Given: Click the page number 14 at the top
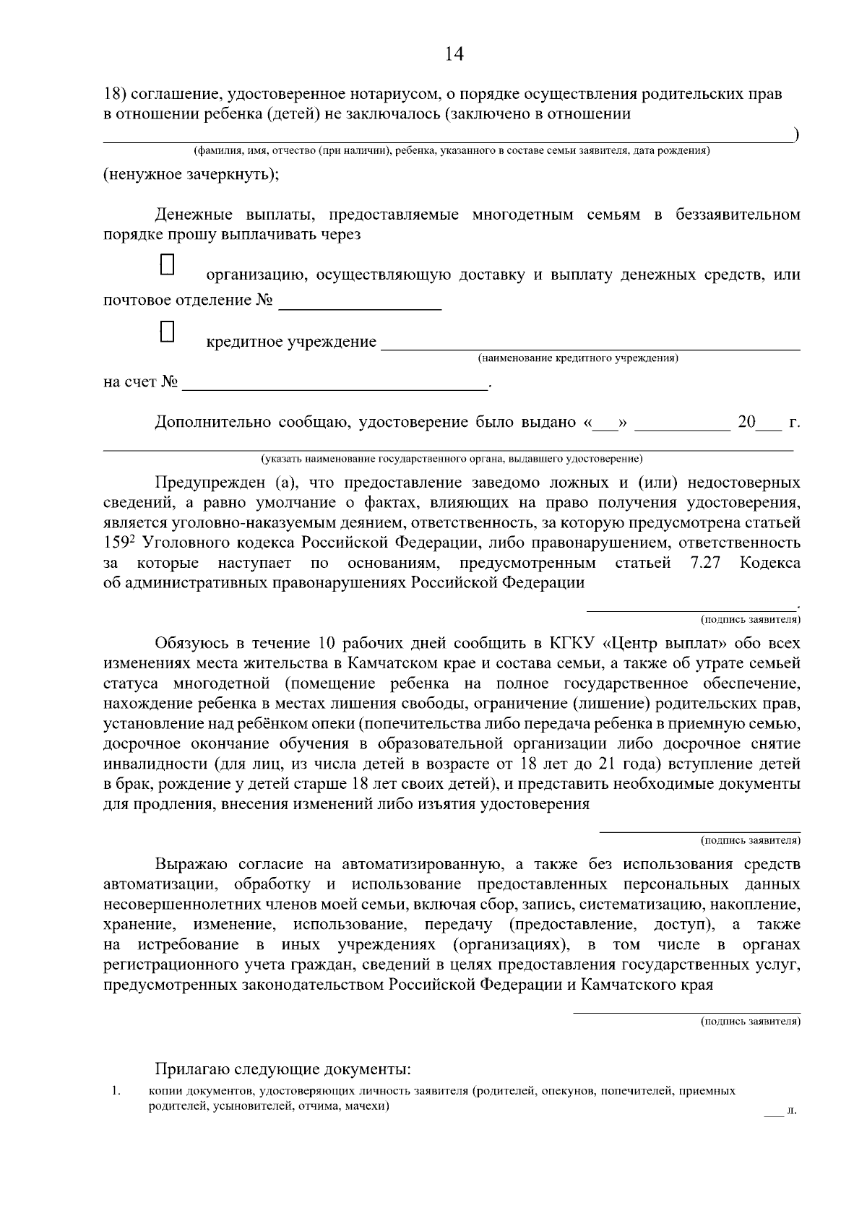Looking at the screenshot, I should (x=454, y=54).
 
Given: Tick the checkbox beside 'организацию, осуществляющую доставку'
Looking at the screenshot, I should (x=168, y=264).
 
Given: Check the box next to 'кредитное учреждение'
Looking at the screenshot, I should (x=168, y=332).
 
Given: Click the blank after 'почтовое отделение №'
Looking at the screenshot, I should (x=359, y=301).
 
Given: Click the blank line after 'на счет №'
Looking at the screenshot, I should (x=335, y=383).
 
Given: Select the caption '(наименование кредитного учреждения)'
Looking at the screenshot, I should (x=577, y=358).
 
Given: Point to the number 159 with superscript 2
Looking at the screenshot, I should (x=118, y=543).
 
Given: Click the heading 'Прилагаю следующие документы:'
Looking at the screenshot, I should (x=282, y=1069).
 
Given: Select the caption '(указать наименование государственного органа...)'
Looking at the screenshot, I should (x=452, y=459).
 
